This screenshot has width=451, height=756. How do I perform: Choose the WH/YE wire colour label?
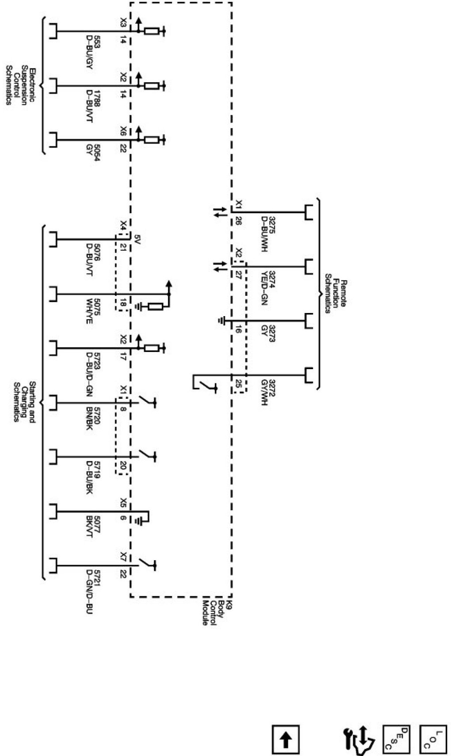[x=89, y=311]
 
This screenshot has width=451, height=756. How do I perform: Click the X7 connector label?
[x=123, y=556]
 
